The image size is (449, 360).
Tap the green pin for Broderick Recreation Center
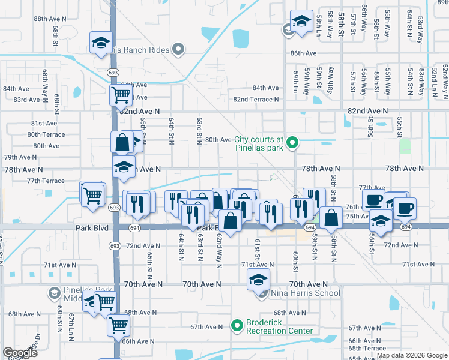(x=237, y=326)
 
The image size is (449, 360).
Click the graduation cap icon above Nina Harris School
(x=259, y=280)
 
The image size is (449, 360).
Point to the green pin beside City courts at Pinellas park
(x=292, y=143)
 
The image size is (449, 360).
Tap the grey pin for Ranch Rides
(x=178, y=49)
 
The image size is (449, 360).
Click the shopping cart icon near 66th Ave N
(x=119, y=326)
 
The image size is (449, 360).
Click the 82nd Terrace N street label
(x=256, y=99)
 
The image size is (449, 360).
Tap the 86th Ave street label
(x=303, y=53)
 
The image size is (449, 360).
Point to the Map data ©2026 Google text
(x=412, y=355)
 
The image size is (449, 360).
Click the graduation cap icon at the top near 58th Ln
(x=301, y=21)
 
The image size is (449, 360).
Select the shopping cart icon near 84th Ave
(x=121, y=94)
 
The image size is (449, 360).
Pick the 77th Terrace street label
(x=45, y=181)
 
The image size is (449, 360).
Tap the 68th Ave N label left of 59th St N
(x=290, y=313)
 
